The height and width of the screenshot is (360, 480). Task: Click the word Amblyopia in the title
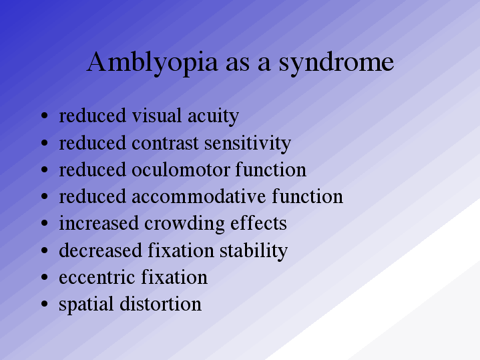(x=152, y=63)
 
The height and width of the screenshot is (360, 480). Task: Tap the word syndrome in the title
(x=336, y=63)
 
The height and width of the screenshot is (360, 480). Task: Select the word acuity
(x=213, y=116)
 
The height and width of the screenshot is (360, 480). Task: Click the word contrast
(x=165, y=144)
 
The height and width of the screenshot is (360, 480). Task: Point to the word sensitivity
(x=248, y=144)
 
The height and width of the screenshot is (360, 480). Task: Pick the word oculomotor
(x=181, y=170)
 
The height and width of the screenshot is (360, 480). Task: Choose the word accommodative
(x=199, y=197)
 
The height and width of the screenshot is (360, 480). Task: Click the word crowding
(x=185, y=224)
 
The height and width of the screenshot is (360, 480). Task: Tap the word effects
(x=258, y=222)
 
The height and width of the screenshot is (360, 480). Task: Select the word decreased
(x=100, y=250)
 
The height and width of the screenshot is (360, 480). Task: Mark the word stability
(x=254, y=251)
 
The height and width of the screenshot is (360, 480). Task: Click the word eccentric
(x=97, y=277)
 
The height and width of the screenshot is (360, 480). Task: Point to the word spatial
(x=86, y=305)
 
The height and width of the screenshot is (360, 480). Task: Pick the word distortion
(x=160, y=304)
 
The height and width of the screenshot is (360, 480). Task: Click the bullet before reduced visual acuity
(x=44, y=116)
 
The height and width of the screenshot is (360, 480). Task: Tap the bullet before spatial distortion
(x=44, y=304)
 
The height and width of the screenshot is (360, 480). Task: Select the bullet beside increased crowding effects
(x=44, y=223)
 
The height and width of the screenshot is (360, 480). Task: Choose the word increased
(x=99, y=223)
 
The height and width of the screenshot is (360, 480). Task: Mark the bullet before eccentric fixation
(x=44, y=277)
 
